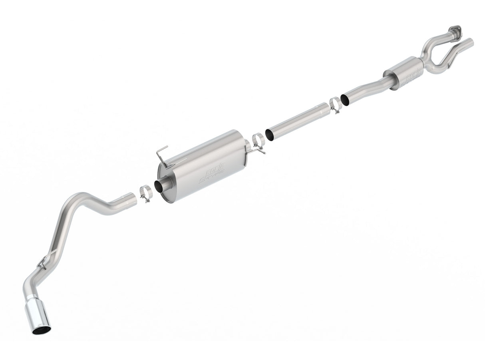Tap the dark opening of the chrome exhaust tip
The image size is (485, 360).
coord(42,330)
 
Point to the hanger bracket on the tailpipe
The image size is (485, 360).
coord(45,260)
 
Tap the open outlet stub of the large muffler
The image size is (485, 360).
coord(161,187)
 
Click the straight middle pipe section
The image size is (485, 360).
coord(298,121)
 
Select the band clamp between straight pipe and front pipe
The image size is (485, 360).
coord(335,105)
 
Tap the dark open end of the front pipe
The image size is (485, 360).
coord(344,100)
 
